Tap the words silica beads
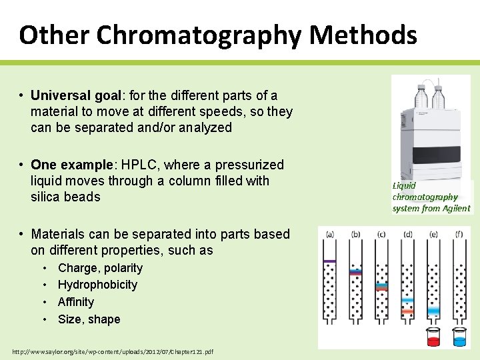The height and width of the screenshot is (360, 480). pyautogui.click(x=65, y=197)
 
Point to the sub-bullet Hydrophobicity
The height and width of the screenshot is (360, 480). pyautogui.click(x=97, y=285)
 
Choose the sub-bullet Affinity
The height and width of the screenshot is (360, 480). pyautogui.click(x=76, y=302)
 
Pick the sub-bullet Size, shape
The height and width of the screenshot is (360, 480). pyautogui.click(x=89, y=319)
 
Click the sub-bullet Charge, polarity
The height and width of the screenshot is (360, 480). pyautogui.click(x=100, y=268)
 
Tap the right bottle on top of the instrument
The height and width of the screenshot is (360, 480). pyautogui.click(x=439, y=97)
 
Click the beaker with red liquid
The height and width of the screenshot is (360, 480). pyautogui.click(x=434, y=338)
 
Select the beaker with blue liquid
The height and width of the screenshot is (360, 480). pyautogui.click(x=459, y=338)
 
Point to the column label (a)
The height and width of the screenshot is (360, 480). pyautogui.click(x=329, y=233)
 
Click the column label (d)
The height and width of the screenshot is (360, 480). pyautogui.click(x=407, y=233)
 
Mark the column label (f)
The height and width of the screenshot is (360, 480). pyautogui.click(x=459, y=233)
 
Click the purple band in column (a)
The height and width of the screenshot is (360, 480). pyautogui.click(x=329, y=260)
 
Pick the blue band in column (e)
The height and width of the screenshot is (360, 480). pyautogui.click(x=433, y=311)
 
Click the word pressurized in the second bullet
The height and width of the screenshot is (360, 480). pyautogui.click(x=252, y=165)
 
